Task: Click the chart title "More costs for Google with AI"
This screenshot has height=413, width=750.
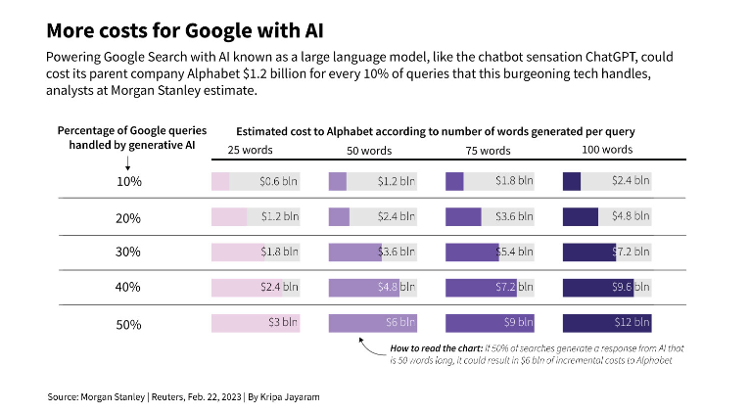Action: (185, 28)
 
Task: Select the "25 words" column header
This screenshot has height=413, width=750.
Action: (251, 150)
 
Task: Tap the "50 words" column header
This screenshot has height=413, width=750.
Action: (369, 151)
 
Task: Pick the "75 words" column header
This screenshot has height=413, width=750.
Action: (487, 151)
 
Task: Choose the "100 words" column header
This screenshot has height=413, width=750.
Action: (607, 150)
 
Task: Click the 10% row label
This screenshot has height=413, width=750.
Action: (129, 181)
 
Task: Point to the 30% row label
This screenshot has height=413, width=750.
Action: (129, 252)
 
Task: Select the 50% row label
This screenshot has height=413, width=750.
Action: (129, 324)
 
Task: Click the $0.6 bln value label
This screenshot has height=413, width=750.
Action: (279, 181)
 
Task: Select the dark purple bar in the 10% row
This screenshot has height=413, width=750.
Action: (572, 181)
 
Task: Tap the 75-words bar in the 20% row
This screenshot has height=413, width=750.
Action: (463, 216)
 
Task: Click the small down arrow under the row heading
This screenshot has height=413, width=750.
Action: (100, 163)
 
